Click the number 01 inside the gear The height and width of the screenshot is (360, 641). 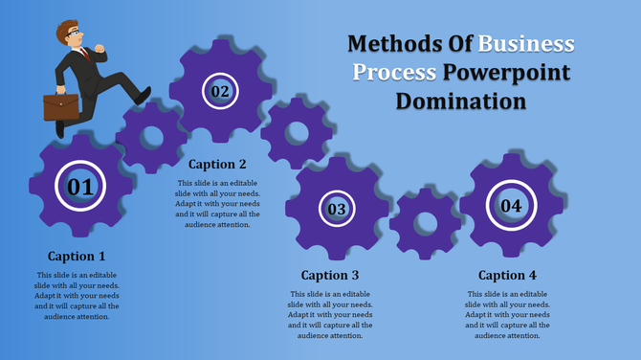(x=80, y=187)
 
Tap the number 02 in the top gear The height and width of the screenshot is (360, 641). (x=220, y=92)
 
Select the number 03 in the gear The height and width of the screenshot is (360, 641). (x=337, y=209)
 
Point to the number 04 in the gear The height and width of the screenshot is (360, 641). (x=511, y=206)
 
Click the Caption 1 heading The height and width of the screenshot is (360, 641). (x=77, y=257)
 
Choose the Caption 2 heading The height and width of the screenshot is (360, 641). (x=217, y=164)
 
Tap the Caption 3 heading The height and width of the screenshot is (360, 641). (x=330, y=276)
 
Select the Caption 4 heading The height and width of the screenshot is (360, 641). (x=507, y=276)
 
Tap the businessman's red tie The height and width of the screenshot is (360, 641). (x=86, y=53)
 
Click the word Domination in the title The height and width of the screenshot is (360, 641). (x=462, y=101)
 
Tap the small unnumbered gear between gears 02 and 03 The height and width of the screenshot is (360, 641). (x=296, y=132)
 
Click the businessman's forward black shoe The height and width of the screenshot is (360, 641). (x=143, y=96)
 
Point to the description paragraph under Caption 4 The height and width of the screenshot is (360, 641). (x=507, y=315)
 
